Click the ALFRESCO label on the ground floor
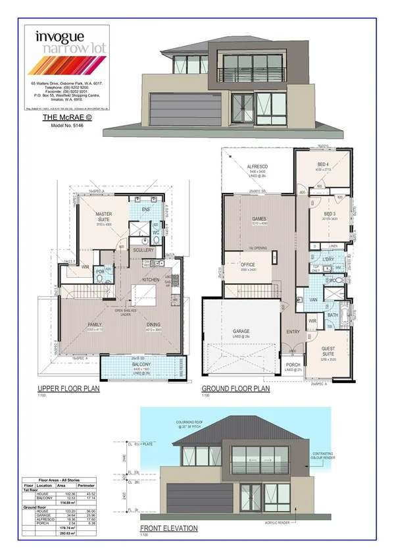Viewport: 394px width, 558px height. (257, 168)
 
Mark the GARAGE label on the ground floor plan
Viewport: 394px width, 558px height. (235, 333)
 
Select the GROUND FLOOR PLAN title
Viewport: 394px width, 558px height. (235, 389)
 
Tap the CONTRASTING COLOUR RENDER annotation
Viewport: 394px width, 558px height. (354, 455)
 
